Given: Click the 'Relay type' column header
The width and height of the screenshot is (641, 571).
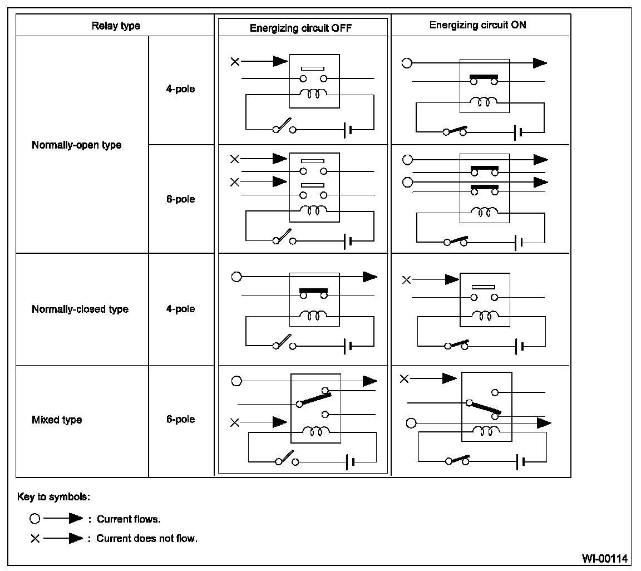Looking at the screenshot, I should pos(116,26).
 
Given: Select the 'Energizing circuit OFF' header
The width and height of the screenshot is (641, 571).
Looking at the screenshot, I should pos(300,28).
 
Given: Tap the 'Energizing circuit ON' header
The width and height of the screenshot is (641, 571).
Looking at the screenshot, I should pos(477,26).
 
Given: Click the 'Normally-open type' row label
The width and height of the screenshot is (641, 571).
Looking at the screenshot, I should pos(76,145).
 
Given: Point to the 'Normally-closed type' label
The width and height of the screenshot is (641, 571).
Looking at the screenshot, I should pos(80,309).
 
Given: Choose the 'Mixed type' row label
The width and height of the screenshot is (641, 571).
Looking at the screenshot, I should pos(57,420).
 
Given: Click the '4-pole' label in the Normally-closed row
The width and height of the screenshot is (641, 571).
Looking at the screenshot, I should pos(180,309).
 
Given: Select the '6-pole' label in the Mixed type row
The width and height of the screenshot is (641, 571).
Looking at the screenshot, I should pos(180,419).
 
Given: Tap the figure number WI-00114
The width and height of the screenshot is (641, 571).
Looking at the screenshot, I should pos(605,557).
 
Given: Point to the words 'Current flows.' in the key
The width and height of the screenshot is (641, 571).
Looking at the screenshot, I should pos(129,519).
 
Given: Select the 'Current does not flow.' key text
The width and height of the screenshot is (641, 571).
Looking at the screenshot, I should pos(147,539).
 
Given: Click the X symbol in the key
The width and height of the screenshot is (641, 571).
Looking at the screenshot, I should pos(35,539).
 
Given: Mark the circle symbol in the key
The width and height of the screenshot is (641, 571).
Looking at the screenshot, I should pos(35,519).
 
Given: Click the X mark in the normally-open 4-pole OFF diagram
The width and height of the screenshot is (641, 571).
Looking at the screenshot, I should pos(235,61).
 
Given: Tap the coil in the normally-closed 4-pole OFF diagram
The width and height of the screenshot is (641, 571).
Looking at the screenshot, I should pos(314,316).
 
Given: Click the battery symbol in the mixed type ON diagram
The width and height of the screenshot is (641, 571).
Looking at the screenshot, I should pos(520,461).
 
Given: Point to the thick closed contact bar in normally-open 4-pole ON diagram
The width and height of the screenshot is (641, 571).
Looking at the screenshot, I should pos(484,76).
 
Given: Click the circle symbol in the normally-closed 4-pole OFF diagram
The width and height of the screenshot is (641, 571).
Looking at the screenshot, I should pos(236,277).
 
